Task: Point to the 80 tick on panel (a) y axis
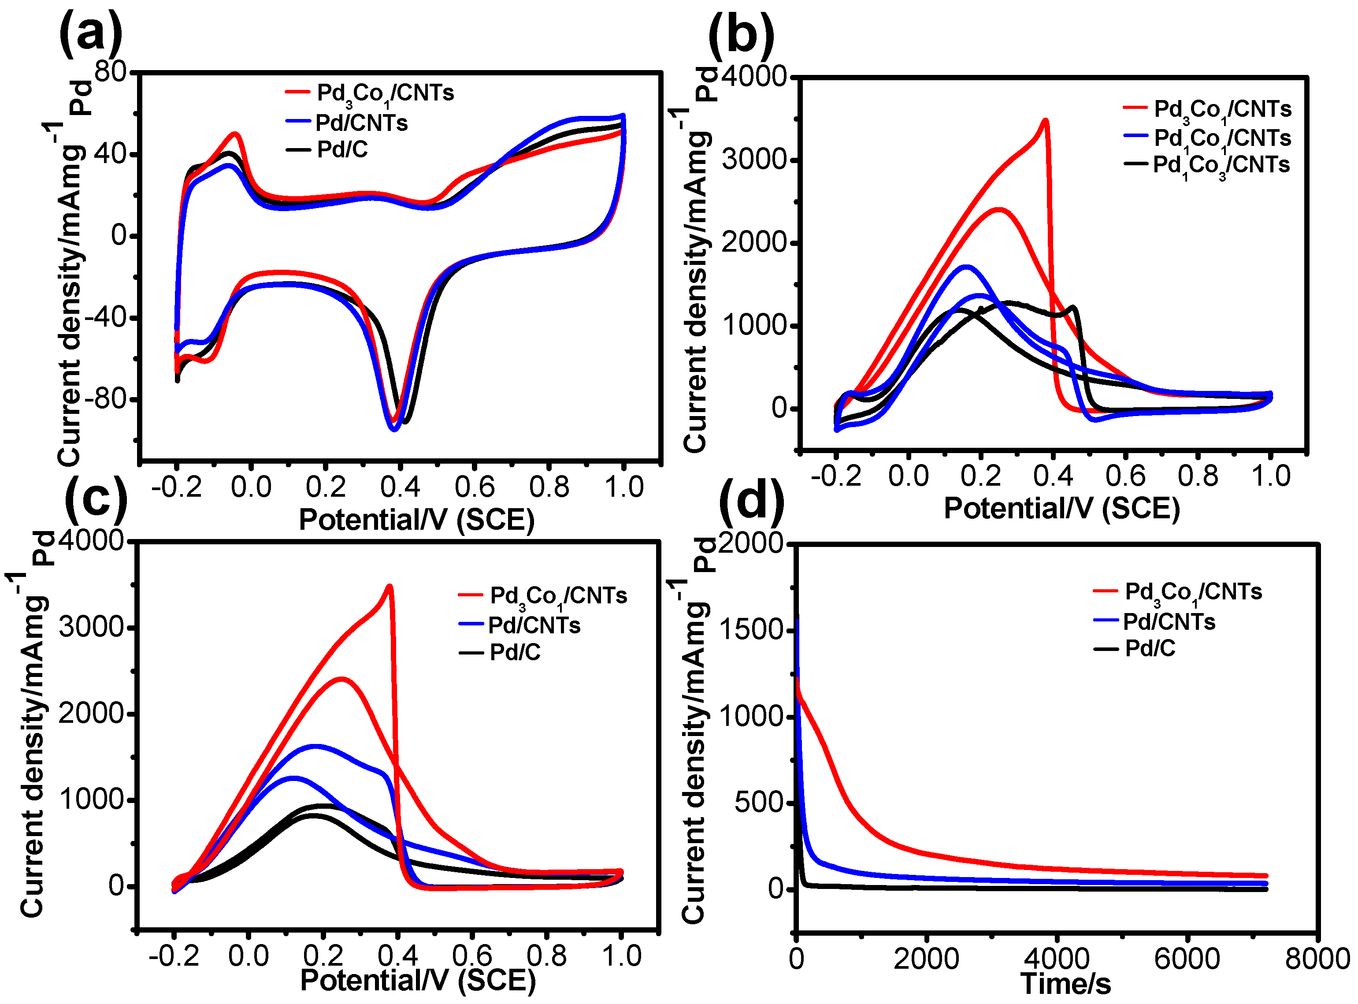tap(110, 72)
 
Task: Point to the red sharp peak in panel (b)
tap(1045, 121)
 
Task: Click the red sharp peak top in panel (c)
tap(390, 587)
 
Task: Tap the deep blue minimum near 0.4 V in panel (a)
tap(394, 429)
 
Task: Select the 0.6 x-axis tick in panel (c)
tap(472, 956)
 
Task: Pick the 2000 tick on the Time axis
tap(926, 959)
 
